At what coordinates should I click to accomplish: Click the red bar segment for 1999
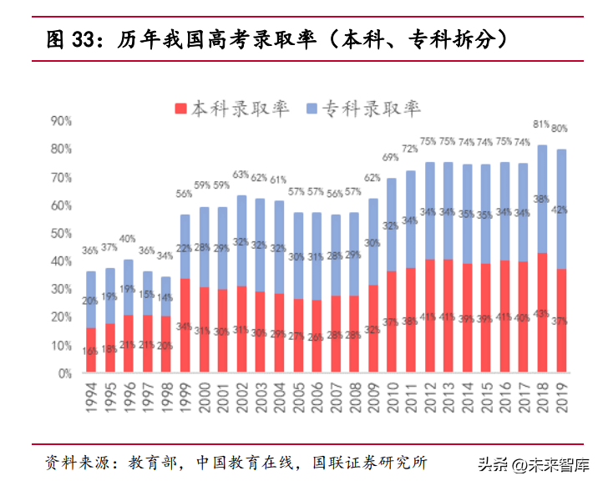coord(185,326)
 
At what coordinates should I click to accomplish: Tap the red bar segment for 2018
coord(542,312)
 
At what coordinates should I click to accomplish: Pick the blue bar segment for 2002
coord(242,240)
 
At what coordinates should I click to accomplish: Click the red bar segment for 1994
coord(91,350)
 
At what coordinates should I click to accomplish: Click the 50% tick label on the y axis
coord(61,233)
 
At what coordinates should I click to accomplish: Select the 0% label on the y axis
coord(64,373)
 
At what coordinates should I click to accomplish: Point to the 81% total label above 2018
coord(541,124)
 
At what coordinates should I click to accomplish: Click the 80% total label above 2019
coord(560,129)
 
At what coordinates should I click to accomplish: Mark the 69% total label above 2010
coord(391,157)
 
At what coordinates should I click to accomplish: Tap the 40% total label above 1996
coord(128,239)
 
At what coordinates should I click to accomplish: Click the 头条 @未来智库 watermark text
coord(535,464)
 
